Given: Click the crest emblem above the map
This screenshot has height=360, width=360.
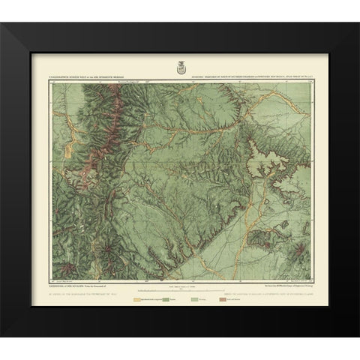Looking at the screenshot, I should click(x=180, y=67).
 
